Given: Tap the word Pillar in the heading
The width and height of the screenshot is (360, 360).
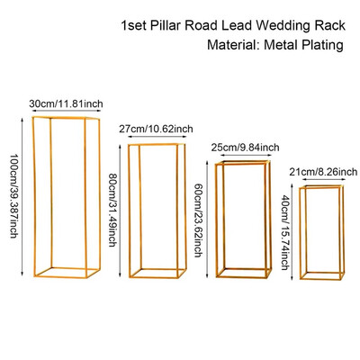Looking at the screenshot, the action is click(166, 25).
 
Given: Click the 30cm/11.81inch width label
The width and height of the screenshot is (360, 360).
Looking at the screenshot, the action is click(66, 103).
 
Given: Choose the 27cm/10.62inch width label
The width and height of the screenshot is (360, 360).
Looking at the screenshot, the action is click(156, 129).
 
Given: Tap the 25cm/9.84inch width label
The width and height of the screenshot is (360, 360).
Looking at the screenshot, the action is click(245, 148).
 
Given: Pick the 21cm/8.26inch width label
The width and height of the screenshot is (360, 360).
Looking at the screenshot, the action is click(323, 172).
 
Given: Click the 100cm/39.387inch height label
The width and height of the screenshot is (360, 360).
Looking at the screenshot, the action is click(13, 196).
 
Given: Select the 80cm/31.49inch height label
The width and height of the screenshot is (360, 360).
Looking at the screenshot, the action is click(112, 210).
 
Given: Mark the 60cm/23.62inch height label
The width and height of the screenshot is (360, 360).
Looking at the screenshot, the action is click(197, 220).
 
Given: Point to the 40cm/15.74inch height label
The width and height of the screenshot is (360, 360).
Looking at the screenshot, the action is click(285, 232).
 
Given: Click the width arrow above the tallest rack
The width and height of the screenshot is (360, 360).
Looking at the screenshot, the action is click(66, 111).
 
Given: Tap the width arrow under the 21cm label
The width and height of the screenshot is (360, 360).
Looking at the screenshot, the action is click(323, 179).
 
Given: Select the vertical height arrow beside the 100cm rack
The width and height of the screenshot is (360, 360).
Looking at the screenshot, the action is click(22, 196).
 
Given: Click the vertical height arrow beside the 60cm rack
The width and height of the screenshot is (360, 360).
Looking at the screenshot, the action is click(207, 219).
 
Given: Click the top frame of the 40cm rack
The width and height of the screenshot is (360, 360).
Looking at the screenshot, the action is click(321, 187).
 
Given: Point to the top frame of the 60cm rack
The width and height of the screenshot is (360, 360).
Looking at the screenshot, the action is click(243, 164).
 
